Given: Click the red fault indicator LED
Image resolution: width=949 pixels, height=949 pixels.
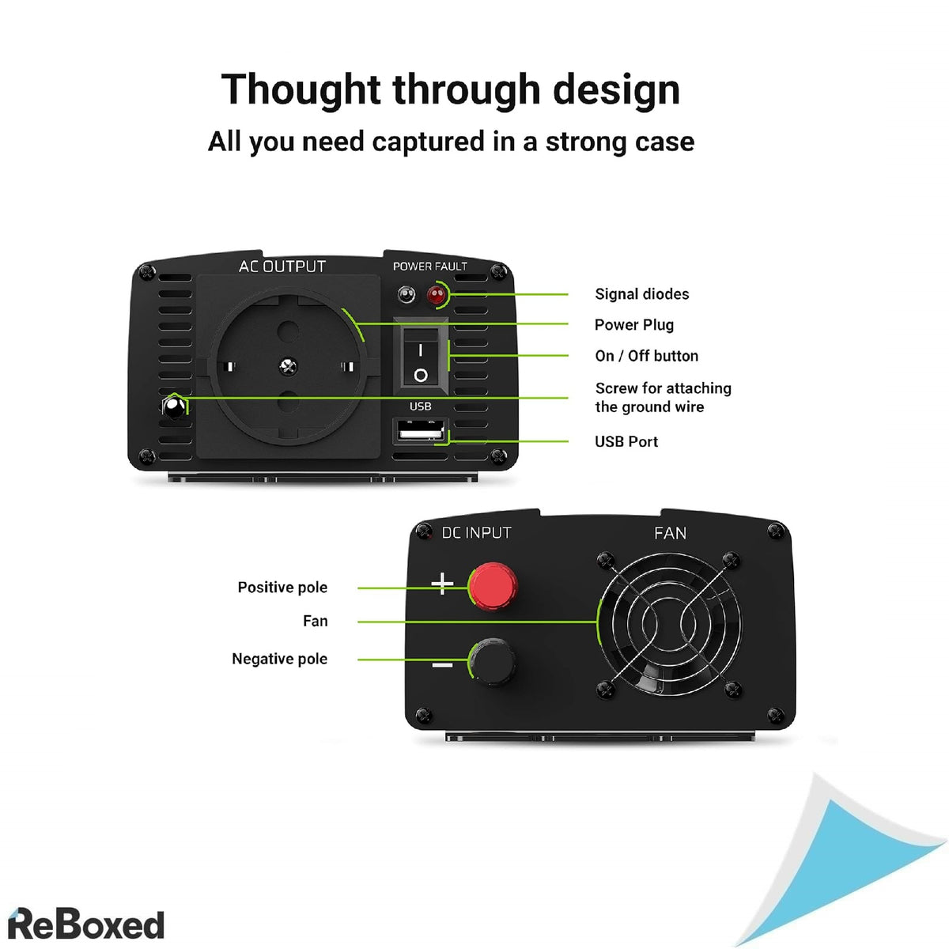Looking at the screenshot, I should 436,296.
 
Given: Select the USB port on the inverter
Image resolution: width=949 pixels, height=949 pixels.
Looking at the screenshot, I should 420,431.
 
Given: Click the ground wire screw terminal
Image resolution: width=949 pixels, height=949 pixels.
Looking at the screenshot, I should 173,407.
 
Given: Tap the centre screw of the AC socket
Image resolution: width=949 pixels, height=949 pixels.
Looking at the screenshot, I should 289,365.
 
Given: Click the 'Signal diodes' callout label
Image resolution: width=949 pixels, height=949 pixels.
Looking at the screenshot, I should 641,294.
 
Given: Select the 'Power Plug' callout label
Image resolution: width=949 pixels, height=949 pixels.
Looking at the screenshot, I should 633,325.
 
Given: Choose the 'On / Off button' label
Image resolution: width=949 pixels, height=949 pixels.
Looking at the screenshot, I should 646,356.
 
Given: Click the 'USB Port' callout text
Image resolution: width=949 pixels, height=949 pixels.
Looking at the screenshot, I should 626,442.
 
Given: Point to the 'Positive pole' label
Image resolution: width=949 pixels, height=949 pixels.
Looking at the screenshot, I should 282,588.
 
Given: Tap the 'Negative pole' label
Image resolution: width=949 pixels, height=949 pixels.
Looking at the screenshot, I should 279,659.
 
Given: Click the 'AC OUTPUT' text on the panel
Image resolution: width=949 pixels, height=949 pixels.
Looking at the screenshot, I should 282,267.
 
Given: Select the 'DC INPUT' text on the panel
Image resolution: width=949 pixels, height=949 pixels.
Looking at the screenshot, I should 476,533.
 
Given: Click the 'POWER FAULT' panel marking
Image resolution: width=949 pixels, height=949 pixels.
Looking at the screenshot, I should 429,267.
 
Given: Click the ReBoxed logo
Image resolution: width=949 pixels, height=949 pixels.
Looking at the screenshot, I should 85,924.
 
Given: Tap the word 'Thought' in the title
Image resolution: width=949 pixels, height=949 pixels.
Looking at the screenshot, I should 301,89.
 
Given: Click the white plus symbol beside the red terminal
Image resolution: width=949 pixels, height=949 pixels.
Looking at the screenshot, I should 442,584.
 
